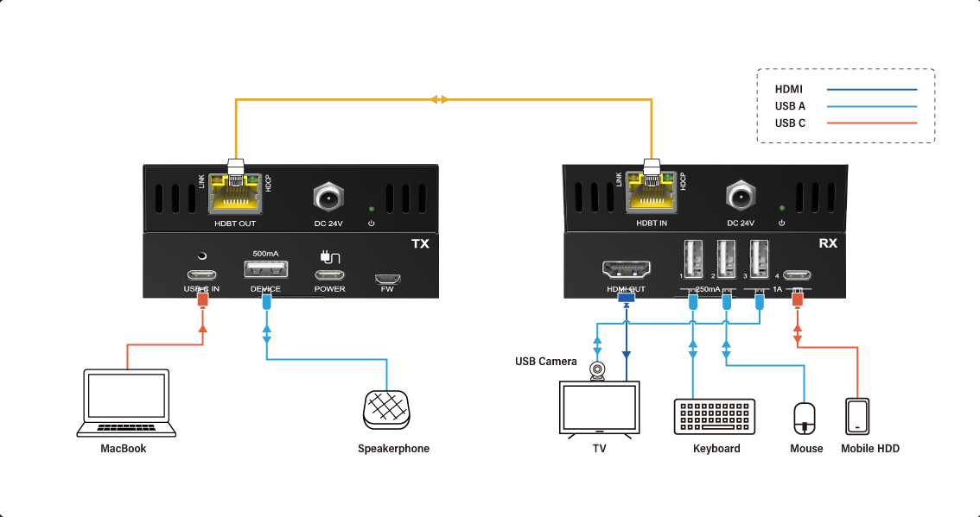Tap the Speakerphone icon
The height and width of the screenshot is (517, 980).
pos(385,409)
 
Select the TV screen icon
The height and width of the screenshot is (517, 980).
pos(601,408)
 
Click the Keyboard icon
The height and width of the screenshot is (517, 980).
pos(715,417)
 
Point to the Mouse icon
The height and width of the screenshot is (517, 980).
pos(805,419)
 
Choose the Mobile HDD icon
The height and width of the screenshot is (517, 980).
pos(858,416)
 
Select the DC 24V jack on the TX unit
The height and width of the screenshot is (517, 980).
pos(329,198)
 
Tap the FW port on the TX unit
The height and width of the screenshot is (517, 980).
pos(386,278)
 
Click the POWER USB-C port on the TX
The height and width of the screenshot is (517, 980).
pos(329,277)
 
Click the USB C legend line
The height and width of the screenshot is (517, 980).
pos(871,123)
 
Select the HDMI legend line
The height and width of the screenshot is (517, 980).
pos(871,89)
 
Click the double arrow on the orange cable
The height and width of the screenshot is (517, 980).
pos(440,100)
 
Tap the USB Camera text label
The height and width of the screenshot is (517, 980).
pos(545,361)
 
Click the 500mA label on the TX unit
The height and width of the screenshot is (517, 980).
pos(265,254)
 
